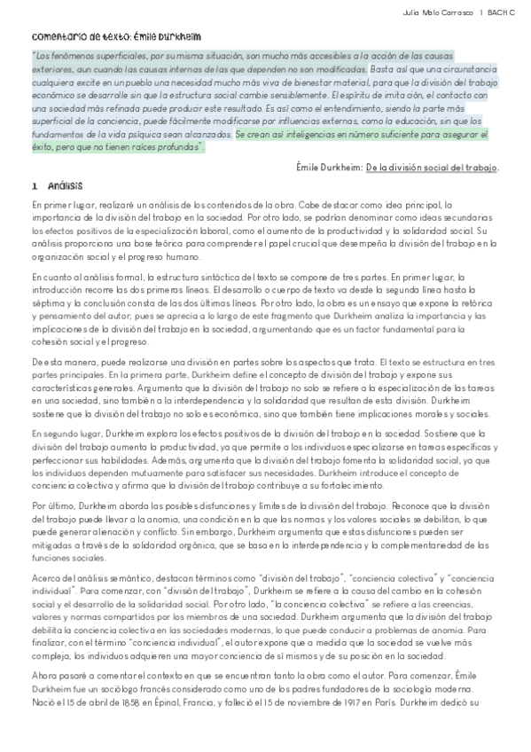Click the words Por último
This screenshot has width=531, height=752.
point(49,505)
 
